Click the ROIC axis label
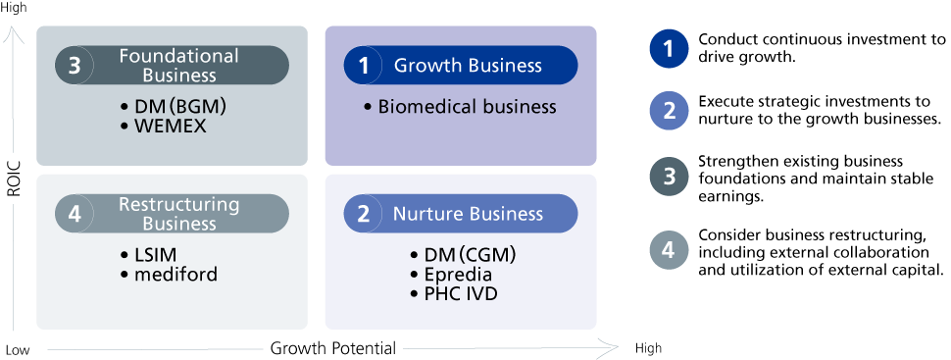click(14, 179)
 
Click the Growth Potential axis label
click(333, 348)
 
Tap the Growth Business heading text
click(468, 66)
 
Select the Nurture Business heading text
click(468, 214)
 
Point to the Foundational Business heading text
click(179, 66)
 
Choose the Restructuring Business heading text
click(179, 214)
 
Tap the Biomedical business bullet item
click(461, 107)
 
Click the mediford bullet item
click(169, 275)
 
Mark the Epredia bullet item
click(453, 275)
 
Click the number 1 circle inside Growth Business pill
click(364, 66)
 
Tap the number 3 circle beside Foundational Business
click(75, 66)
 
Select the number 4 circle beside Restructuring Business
click(75, 214)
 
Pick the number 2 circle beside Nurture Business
click(364, 214)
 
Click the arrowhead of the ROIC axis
click(14, 32)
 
